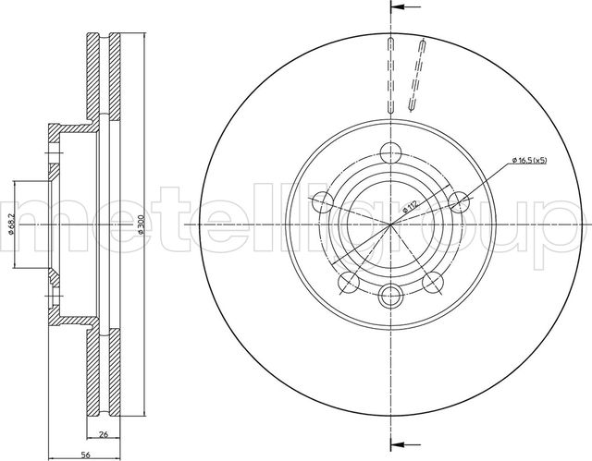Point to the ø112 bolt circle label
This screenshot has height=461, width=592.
coord(409,210)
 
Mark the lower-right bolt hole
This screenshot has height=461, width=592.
coord(431,282)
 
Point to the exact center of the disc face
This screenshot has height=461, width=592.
coord(388,224)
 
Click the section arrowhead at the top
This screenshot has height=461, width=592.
coord(394,7)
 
